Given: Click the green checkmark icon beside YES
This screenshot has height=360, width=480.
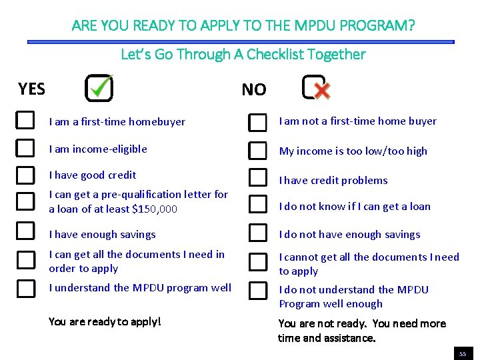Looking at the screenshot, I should click(x=100, y=87).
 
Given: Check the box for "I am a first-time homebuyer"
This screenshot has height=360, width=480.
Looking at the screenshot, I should click(x=25, y=120).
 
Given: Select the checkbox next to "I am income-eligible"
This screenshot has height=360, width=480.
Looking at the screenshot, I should click(x=25, y=147).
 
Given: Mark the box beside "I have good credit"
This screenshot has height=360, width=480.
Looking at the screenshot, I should click(x=25, y=175).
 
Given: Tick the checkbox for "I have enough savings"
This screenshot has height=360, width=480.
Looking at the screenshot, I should click(x=25, y=231).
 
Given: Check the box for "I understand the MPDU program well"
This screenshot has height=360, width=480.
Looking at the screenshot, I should click(x=25, y=288).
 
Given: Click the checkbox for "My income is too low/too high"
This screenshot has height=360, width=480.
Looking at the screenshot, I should click(x=257, y=151).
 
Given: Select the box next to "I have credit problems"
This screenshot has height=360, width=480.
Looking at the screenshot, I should click(x=257, y=177).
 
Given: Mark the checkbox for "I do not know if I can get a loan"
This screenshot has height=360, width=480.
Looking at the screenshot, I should click(x=257, y=203).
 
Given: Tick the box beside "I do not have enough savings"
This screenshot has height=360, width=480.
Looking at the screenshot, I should click(x=257, y=233).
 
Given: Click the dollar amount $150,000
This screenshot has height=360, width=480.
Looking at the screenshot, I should click(x=155, y=209).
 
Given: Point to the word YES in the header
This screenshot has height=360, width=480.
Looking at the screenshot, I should click(x=32, y=89).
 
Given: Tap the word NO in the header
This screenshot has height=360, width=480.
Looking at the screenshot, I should click(x=253, y=90).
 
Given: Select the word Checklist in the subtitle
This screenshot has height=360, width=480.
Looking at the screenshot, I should click(x=275, y=55).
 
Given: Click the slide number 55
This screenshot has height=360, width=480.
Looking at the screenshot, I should click(x=461, y=353).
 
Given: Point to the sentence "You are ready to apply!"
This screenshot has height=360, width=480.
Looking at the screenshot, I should click(x=105, y=322).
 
